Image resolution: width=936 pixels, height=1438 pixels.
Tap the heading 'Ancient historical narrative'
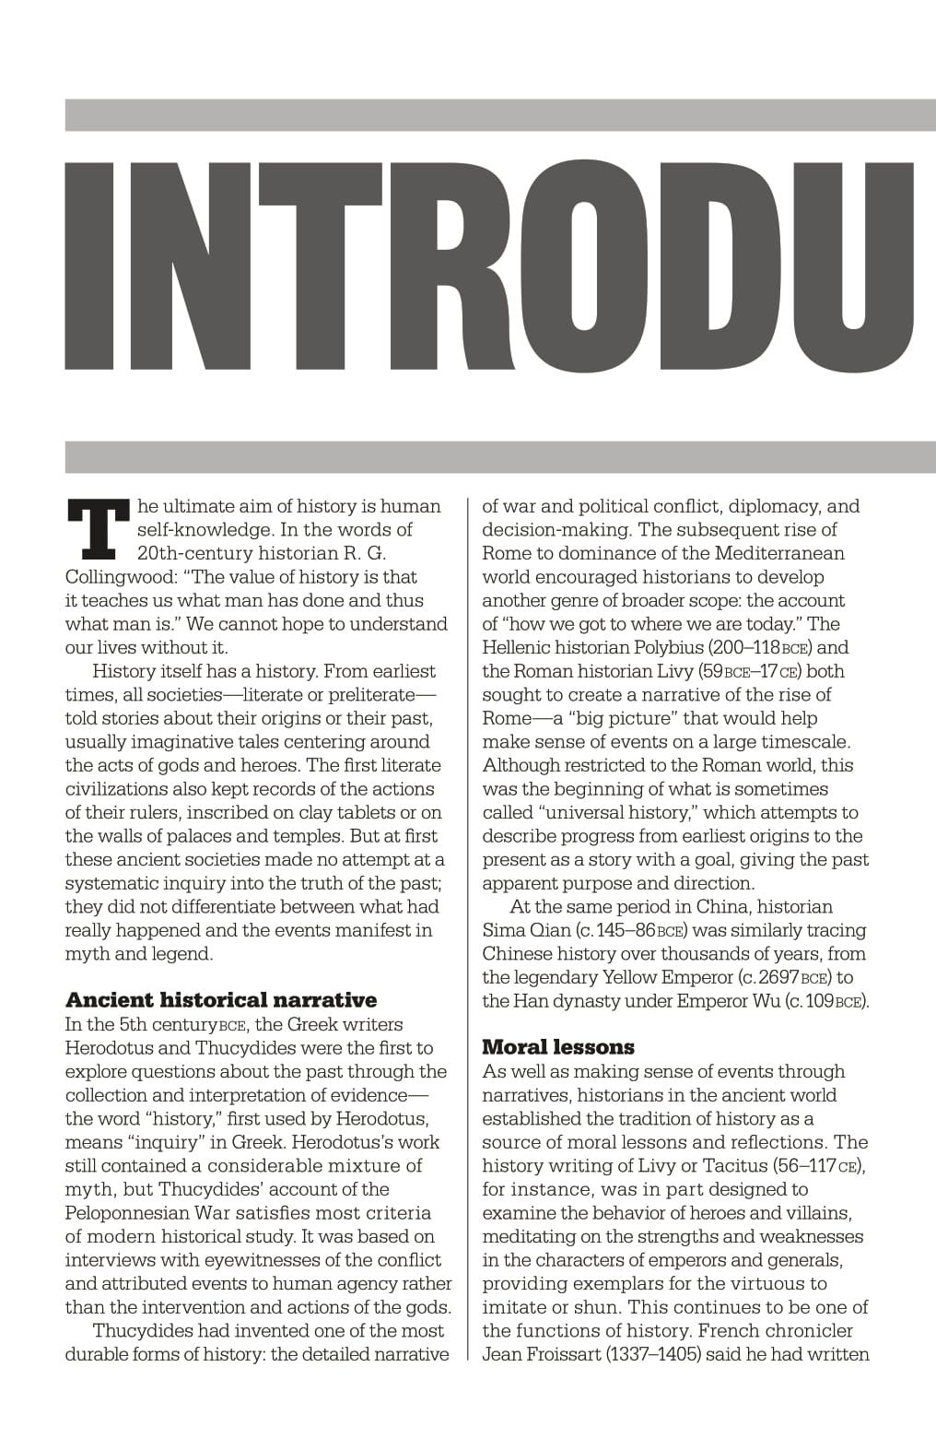coord(221,1000)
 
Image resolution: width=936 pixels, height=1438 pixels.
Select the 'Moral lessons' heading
coord(558,1047)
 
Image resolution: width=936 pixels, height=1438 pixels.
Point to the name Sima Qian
coord(526,930)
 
